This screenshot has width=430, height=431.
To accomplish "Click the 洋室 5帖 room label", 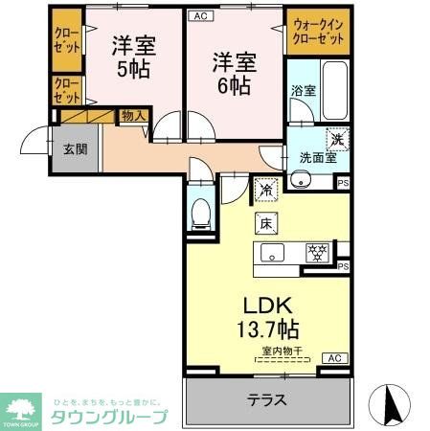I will coord(134,57).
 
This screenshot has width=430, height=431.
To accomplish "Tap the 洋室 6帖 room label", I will coord(234,73).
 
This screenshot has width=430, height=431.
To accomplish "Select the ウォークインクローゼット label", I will coord(318,31).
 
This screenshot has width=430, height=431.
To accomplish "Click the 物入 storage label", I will coord(132,116).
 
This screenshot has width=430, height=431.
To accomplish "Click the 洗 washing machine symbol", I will coord(337,138).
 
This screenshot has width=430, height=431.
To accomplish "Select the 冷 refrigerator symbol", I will coord(265,190).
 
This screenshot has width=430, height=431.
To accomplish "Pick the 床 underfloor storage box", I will coord(265,223).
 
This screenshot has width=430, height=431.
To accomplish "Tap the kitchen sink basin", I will coord(271,255).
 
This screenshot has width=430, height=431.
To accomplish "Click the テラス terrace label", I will coord(267,398).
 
